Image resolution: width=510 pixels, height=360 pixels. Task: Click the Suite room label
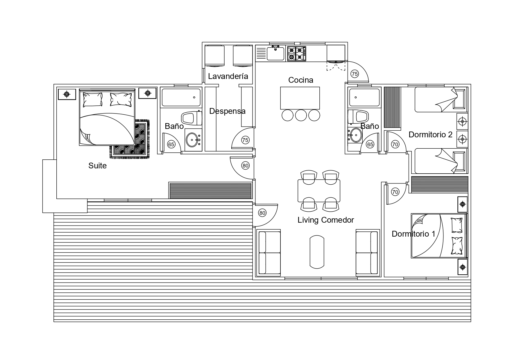coord(97,165)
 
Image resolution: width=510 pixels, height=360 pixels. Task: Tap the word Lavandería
coord(228,76)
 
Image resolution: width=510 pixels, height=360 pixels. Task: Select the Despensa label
coord(227,111)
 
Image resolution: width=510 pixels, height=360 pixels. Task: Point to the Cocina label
coord(301,80)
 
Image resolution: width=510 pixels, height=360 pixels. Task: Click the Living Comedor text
coord(326,220)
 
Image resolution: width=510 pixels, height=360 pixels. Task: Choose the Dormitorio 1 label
coord(414,234)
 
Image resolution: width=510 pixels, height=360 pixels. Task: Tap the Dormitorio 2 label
coord(430,134)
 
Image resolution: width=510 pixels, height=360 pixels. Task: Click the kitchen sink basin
coord(275,54)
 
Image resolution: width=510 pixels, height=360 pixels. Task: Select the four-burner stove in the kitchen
coord(296,53)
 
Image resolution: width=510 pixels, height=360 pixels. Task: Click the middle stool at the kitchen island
coord(301,115)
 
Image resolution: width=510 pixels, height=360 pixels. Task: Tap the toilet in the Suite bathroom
coord(192,118)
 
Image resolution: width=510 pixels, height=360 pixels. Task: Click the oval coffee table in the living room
coord(317,252)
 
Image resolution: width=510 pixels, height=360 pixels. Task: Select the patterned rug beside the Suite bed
coord(130,139)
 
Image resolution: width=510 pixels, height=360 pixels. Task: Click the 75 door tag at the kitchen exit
coord(355,74)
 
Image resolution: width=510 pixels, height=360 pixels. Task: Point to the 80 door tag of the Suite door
coord(246,166)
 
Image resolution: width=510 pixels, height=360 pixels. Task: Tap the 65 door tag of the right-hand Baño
coord(370,144)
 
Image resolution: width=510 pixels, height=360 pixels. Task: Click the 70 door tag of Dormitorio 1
coord(395,192)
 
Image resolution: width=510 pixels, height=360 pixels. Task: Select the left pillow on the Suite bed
coord(92,100)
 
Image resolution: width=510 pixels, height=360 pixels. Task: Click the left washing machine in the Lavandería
coord(214,55)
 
